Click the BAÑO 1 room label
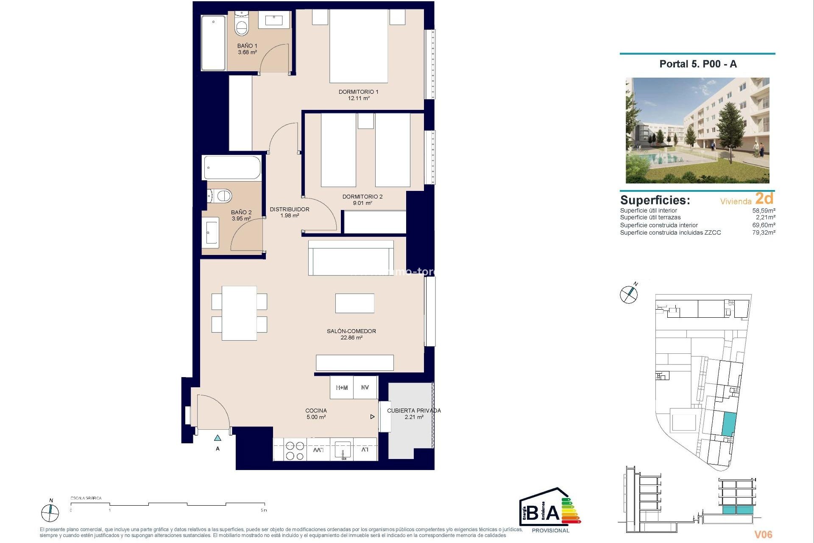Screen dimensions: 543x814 pyautogui.click(x=247, y=46)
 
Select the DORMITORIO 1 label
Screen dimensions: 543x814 pyautogui.click(x=358, y=92)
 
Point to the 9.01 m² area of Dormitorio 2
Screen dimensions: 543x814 pyautogui.click(x=362, y=203)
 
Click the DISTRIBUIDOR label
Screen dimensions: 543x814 pyautogui.click(x=290, y=209)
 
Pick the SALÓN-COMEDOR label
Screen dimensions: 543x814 pyautogui.click(x=351, y=331)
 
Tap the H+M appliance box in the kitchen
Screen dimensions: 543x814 pyautogui.click(x=342, y=387)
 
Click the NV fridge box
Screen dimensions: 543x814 pyautogui.click(x=365, y=387)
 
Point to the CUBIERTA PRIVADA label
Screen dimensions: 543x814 pyautogui.click(x=414, y=411)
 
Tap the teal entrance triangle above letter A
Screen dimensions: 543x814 pyautogui.click(x=217, y=438)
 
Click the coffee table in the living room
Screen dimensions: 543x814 pyautogui.click(x=354, y=303)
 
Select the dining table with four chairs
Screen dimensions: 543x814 pyautogui.click(x=239, y=313)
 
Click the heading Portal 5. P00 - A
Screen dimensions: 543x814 pyautogui.click(x=698, y=64)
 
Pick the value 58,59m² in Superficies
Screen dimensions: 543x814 pyautogui.click(x=764, y=210)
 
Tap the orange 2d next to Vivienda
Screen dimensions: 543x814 pyautogui.click(x=764, y=199)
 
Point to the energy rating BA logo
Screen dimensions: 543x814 pyautogui.click(x=550, y=510)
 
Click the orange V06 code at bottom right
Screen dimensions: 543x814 pyautogui.click(x=763, y=535)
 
